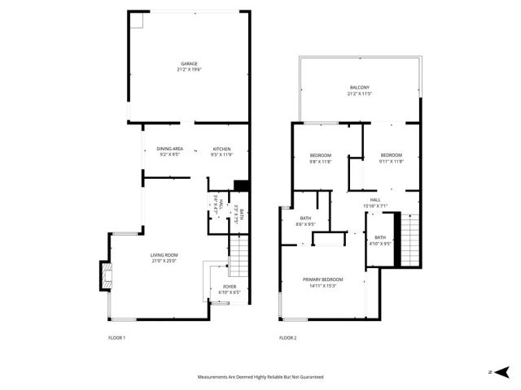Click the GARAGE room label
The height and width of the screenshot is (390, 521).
click(x=189, y=63)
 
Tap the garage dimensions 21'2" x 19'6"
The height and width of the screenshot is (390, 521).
click(x=189, y=70)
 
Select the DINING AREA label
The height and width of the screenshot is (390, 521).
click(x=170, y=149)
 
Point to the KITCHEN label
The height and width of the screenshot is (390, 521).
click(x=222, y=149)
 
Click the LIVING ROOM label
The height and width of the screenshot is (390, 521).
click(x=164, y=255)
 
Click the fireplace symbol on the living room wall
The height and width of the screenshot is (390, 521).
click(x=105, y=275)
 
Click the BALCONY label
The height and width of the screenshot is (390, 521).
click(x=360, y=88)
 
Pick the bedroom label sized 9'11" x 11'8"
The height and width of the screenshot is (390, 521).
click(x=392, y=155)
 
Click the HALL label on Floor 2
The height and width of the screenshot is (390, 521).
click(x=375, y=200)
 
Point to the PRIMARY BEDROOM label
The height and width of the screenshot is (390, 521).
click(x=323, y=280)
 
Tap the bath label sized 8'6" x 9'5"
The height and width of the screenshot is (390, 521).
click(x=306, y=218)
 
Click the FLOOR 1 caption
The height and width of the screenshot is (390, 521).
click(x=116, y=337)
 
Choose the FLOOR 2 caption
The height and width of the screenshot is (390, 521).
click(x=287, y=337)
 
